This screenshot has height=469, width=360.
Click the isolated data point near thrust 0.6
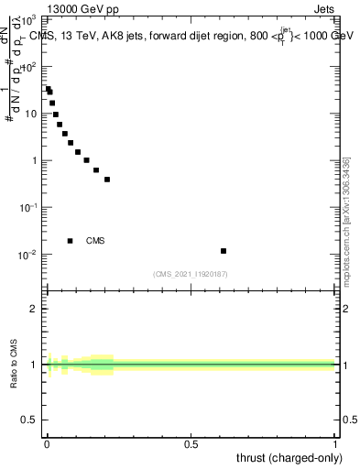224,250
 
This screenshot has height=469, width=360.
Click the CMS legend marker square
71,241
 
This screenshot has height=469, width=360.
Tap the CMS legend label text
95,241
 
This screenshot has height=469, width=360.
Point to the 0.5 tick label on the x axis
191,444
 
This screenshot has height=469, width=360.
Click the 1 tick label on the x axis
334,444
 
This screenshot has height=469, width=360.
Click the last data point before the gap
107,180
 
